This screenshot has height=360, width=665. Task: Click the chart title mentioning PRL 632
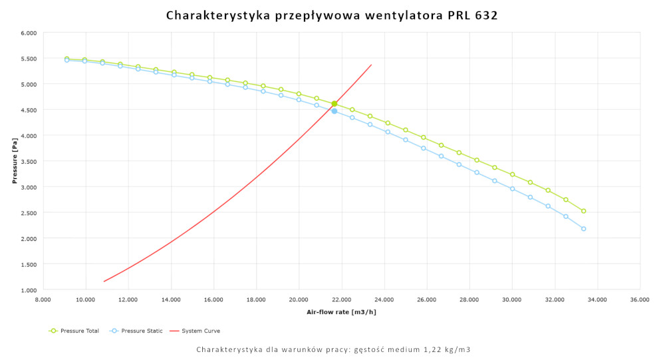(332, 15)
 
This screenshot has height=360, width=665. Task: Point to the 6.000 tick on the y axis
(28, 33)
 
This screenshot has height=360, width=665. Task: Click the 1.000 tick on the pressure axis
(28, 290)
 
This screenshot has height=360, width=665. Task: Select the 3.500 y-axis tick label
(28, 162)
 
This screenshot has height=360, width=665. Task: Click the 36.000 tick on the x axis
(640, 300)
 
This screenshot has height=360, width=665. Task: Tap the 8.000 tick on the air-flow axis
(43, 300)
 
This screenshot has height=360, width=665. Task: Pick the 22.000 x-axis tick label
(341, 300)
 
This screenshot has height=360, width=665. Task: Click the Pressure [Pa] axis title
(14, 162)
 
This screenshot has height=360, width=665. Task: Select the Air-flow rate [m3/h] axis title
(340, 311)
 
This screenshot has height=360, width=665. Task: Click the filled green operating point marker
(334, 104)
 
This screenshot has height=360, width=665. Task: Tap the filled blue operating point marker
(334, 111)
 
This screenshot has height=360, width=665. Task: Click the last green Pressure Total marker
(583, 211)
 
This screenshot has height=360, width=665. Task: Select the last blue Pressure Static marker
(583, 229)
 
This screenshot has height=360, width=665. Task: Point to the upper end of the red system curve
(371, 65)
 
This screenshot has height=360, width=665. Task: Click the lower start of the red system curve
(104, 281)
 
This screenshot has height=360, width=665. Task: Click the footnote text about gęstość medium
(333, 349)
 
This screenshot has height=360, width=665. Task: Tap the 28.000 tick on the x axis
(469, 300)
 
